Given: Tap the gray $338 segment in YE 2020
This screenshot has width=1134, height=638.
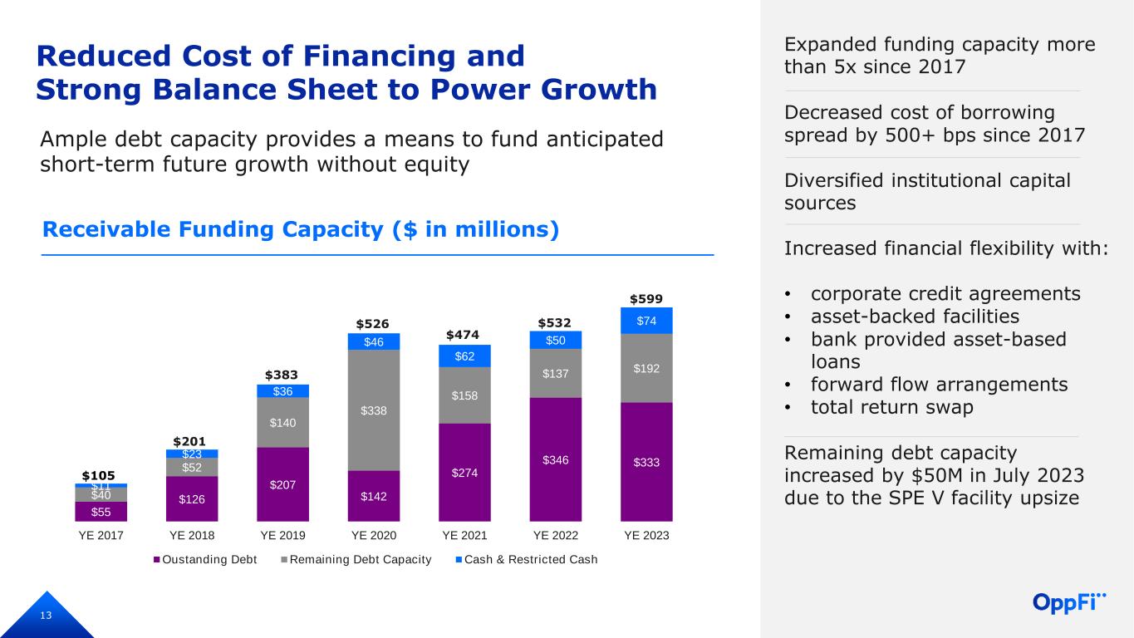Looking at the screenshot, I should tap(373, 410).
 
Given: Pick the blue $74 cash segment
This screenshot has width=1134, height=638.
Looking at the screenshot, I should tap(646, 321).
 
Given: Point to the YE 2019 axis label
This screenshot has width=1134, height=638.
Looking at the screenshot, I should tap(282, 536).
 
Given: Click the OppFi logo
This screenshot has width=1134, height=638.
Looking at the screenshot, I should tap(1070, 601).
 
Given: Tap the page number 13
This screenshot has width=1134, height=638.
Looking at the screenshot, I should tap(46, 616).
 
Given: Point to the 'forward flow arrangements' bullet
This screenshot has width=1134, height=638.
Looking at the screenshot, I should tap(939, 385).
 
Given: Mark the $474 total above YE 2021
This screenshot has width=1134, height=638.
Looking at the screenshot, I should tap(464, 335).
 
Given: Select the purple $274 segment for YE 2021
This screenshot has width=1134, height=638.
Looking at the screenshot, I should tap(464, 472).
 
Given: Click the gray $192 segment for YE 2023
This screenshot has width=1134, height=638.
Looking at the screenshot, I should tap(646, 367).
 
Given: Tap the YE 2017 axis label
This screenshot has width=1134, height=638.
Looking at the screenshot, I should tap(101, 536).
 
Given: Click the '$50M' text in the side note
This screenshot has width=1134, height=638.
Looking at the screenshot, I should tap(932, 476).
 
